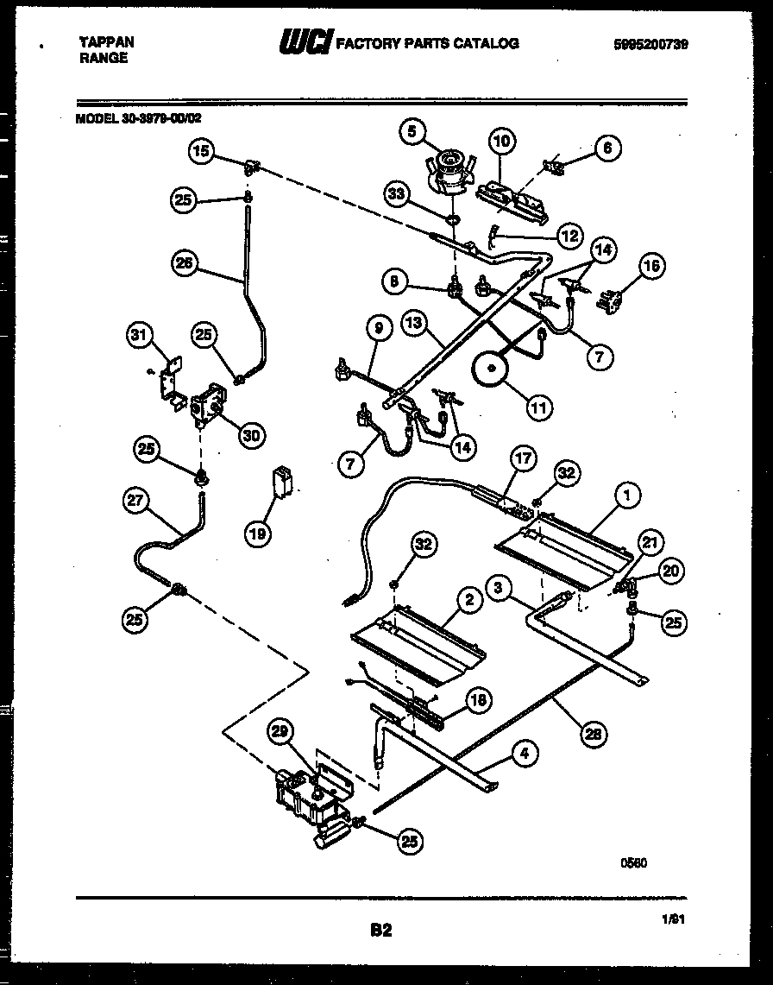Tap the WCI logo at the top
coord(305,43)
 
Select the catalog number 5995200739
coord(652,43)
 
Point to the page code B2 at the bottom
coord(380,930)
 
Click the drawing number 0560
coord(634,862)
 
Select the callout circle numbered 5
coord(413,132)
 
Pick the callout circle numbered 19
coord(257,534)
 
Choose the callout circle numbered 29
coord(277,732)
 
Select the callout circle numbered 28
coord(592,734)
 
